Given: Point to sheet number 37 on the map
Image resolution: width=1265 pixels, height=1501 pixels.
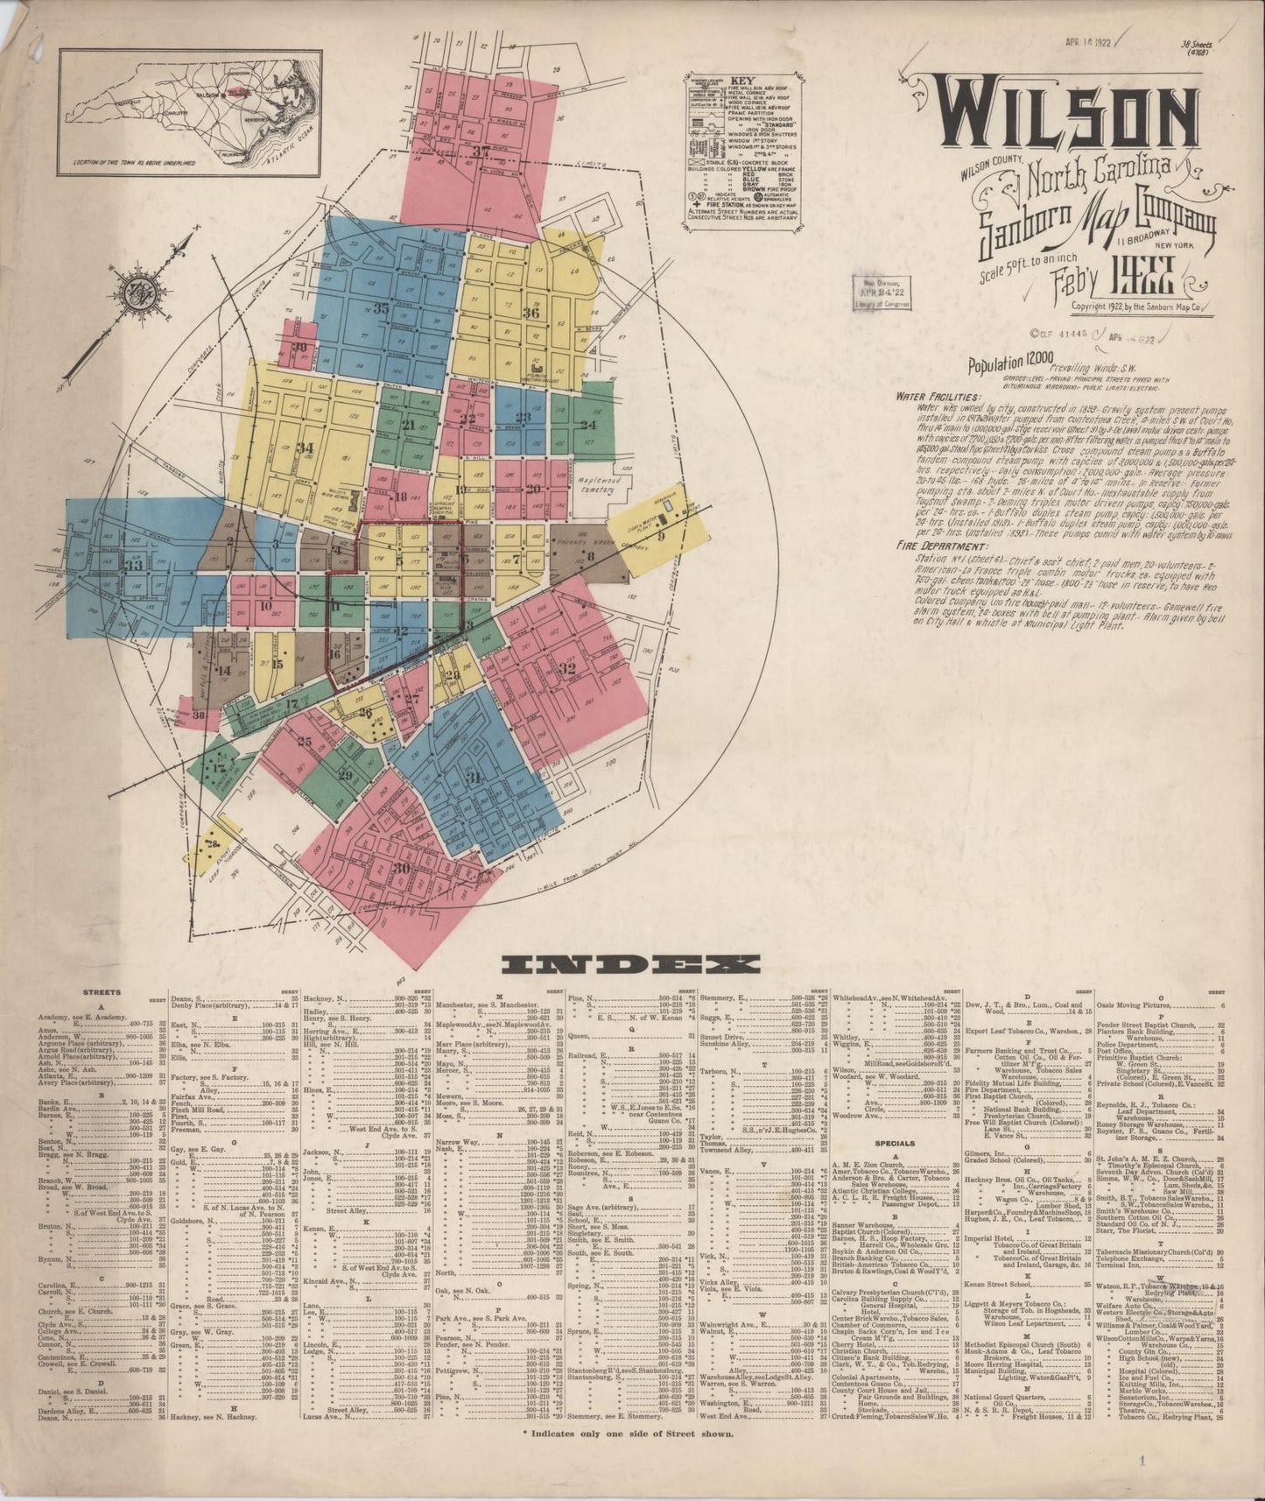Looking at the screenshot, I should [x=481, y=152].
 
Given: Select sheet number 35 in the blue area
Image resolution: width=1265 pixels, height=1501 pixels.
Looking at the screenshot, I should [x=381, y=307].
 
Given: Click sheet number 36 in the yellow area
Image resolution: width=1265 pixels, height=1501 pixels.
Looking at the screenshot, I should [x=531, y=313].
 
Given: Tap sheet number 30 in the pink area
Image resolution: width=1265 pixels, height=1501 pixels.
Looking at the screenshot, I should [x=402, y=868].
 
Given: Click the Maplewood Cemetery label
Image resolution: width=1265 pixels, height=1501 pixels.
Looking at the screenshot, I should [x=601, y=488].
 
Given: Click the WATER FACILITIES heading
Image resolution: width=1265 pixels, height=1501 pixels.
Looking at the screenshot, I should [x=930, y=396].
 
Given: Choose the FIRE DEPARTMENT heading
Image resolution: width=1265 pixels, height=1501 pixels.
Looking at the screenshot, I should [x=930, y=545].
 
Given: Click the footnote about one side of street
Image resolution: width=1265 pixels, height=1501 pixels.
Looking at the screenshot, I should [x=628, y=1434].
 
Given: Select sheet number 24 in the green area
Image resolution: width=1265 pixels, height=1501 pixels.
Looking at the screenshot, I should [x=587, y=425].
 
